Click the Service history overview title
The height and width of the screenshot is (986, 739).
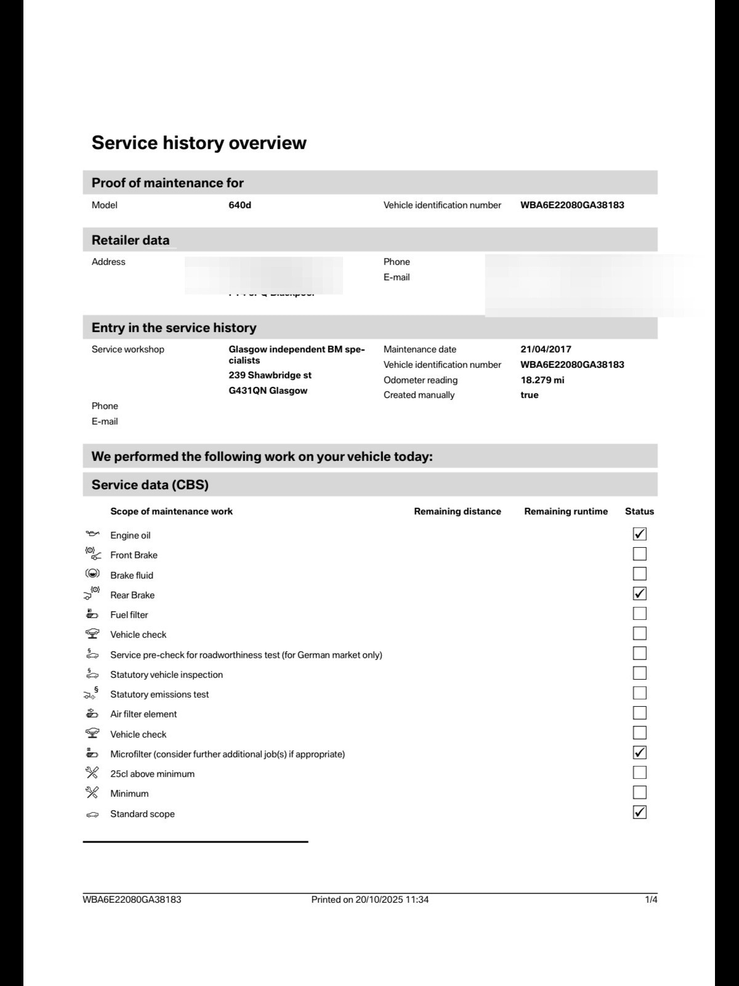point(199,143)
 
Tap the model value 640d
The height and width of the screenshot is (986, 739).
point(240,205)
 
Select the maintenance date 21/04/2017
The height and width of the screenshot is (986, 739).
point(546,349)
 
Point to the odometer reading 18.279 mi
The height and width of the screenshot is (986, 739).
point(542,380)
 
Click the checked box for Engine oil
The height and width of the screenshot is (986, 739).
point(639,534)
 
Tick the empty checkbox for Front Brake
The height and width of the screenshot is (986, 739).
point(639,554)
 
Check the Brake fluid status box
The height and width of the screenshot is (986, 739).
point(639,574)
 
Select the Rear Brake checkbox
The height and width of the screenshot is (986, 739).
point(639,594)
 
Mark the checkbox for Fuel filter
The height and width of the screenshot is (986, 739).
point(639,614)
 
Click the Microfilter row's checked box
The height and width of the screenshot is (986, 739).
point(639,752)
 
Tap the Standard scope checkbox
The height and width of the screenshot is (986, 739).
point(639,812)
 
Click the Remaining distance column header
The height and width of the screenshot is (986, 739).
point(457,511)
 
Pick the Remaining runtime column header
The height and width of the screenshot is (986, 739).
point(565,511)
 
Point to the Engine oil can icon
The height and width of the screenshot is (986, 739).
point(92,534)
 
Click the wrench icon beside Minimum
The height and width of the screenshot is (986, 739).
point(92,792)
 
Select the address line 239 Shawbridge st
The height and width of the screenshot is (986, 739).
point(270,375)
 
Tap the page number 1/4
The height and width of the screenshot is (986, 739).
point(651,900)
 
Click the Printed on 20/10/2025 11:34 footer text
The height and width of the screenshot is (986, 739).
point(369,900)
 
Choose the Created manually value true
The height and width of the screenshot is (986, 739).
point(529,395)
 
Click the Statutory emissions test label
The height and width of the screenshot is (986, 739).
point(160,695)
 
